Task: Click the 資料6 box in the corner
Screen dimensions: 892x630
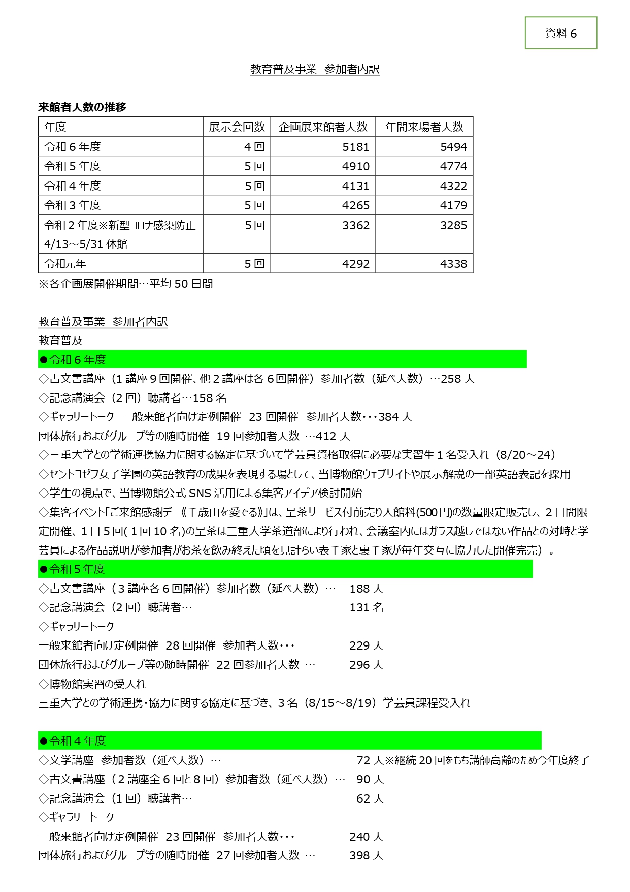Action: (x=560, y=33)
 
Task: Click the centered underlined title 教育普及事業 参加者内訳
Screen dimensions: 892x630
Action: (x=315, y=69)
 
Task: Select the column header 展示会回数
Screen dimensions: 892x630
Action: (x=237, y=127)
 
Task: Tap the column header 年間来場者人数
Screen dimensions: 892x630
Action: (x=424, y=127)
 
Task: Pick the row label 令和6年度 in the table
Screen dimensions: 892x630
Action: (x=73, y=147)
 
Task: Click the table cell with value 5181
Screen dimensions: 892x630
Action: (x=355, y=147)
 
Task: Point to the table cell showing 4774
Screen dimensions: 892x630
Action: (x=453, y=166)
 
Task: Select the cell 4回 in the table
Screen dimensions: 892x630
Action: (x=254, y=147)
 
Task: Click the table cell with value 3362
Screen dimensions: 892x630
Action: (x=355, y=225)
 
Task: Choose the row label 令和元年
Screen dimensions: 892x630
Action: (x=65, y=264)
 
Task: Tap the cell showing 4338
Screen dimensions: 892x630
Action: (x=453, y=264)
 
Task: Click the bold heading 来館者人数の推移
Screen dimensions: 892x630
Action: (x=82, y=107)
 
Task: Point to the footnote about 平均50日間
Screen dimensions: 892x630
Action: (x=126, y=284)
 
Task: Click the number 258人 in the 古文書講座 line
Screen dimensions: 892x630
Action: (x=457, y=379)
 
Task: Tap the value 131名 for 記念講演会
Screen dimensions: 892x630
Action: (x=366, y=607)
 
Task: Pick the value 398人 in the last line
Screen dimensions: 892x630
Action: (x=366, y=855)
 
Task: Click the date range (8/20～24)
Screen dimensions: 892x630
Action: (x=525, y=455)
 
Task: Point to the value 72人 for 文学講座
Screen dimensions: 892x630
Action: (x=370, y=760)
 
